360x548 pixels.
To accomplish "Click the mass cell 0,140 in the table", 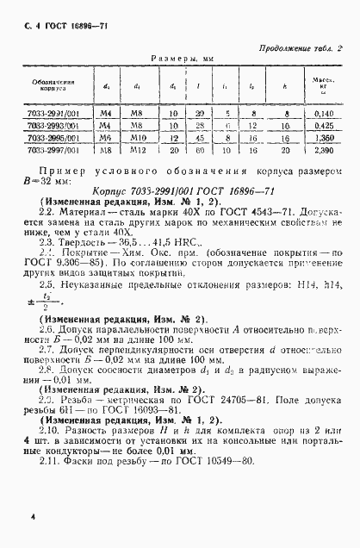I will (x=323, y=113).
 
